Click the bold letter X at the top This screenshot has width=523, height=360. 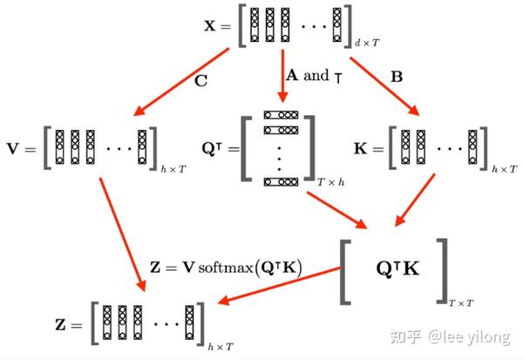pos(210,25)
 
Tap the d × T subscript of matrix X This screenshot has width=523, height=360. pos(367,43)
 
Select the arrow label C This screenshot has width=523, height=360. pos(201,81)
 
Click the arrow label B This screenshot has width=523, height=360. pos(397,77)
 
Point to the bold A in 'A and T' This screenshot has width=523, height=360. pos(292,75)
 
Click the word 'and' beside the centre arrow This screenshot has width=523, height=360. pos(316,75)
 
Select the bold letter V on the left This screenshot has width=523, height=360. pos(13,148)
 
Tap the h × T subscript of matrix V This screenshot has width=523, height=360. pos(173,169)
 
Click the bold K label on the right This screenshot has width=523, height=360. pos(361,148)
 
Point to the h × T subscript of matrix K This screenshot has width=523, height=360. pos(505,169)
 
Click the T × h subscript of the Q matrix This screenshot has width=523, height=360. pos(330,182)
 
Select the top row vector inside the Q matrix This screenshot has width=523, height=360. pos(281,115)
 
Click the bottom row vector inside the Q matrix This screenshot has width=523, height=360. pos(281,182)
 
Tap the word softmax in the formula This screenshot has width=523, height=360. pos(226,268)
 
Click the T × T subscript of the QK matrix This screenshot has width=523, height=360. pos(460,303)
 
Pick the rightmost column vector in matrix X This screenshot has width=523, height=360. pos(336,25)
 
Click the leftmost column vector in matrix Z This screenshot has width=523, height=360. pos(107,323)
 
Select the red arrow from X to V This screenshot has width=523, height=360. pos(181,82)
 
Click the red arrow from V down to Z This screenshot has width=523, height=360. pos(123,234)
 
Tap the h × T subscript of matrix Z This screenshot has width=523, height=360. pos(221,347)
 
